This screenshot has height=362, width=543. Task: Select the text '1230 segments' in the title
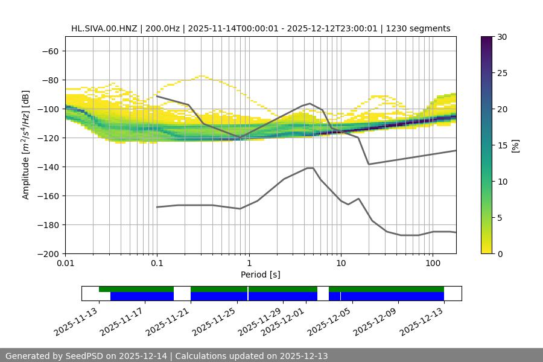tap(418, 28)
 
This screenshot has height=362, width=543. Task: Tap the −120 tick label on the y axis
tap(48, 138)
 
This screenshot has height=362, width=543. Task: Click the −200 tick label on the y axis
tap(48, 253)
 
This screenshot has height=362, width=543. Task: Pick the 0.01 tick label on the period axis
tap(65, 264)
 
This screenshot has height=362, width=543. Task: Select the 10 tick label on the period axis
tap(340, 264)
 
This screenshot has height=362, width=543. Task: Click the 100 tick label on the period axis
tap(432, 264)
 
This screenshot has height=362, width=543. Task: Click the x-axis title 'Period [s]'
tap(260, 275)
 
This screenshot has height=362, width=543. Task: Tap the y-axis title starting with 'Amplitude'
tap(26, 145)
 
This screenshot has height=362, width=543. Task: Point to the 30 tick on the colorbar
tap(502, 37)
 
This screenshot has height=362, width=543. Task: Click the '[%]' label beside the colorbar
tap(515, 145)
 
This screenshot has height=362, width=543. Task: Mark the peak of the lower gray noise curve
tap(310, 168)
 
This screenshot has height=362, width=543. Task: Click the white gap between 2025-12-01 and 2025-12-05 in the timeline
tap(323, 293)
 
